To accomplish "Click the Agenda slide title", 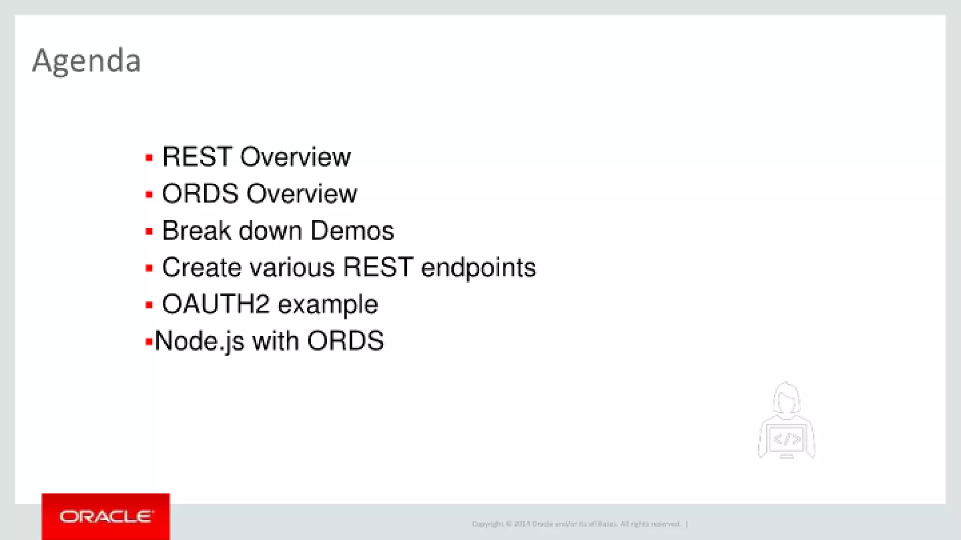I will pyautogui.click(x=86, y=61).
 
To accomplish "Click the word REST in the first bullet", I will pyautogui.click(x=197, y=157).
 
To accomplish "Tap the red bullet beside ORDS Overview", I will pyautogui.click(x=149, y=195).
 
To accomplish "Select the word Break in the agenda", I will pyautogui.click(x=197, y=231).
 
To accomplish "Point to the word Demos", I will pyautogui.click(x=352, y=231).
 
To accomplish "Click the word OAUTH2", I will pyautogui.click(x=215, y=304).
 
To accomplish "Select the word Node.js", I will pyautogui.click(x=199, y=341).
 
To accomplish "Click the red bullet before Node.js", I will pyautogui.click(x=149, y=342).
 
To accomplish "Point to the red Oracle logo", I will pyautogui.click(x=106, y=517).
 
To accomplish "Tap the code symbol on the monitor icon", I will pyautogui.click(x=787, y=440).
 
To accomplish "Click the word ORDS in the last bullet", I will pyautogui.click(x=345, y=341).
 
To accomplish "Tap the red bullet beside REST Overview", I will pyautogui.click(x=149, y=158).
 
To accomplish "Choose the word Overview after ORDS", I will pyautogui.click(x=302, y=194).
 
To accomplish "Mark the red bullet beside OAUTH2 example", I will pyautogui.click(x=149, y=306).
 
